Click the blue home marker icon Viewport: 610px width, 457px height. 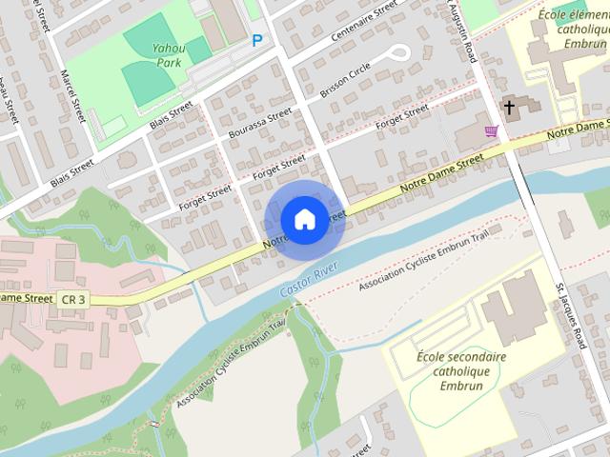[x=303, y=219]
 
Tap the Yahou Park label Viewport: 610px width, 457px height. [x=169, y=55]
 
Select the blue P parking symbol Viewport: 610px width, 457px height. [x=256, y=40]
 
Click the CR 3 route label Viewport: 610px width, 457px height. [x=73, y=299]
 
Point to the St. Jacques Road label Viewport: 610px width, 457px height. [x=566, y=314]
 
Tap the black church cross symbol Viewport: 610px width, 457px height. [x=510, y=108]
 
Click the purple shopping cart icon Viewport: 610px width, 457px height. [x=492, y=130]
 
